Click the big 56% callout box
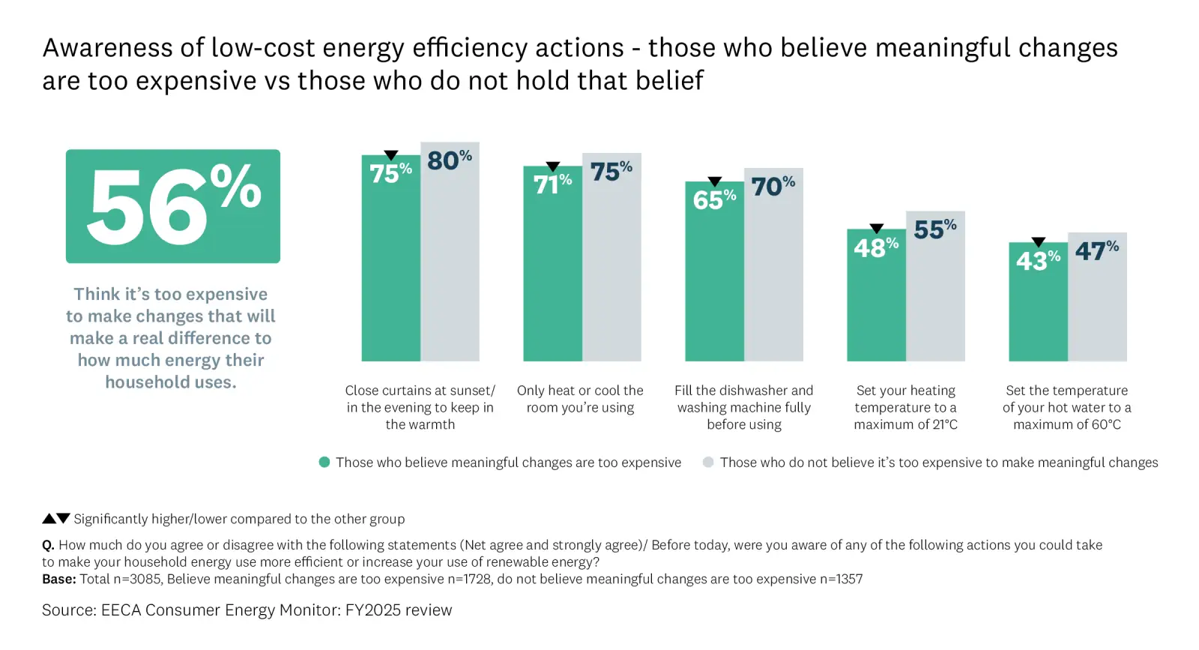point(172,206)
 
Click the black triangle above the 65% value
point(715,181)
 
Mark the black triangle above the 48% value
point(876,229)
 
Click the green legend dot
point(324,463)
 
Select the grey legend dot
point(708,463)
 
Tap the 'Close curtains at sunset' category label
point(420,407)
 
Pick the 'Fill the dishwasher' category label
point(743,407)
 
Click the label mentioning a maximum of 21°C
point(905,407)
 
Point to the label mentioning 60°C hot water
point(1066,407)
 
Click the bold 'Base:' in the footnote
point(59,580)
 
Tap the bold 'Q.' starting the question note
point(48,545)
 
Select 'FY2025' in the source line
point(372,610)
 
